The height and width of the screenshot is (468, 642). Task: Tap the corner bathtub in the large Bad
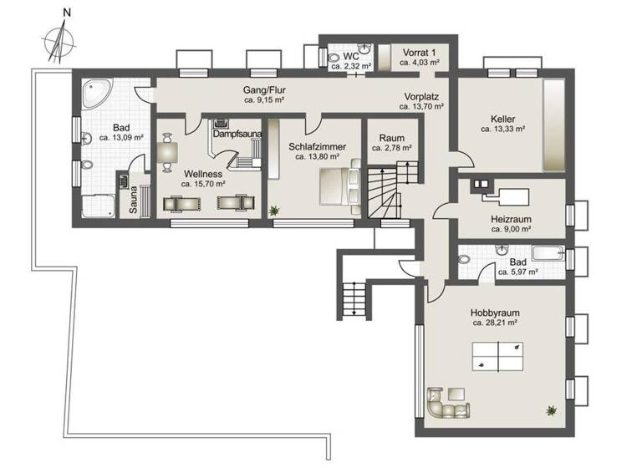pos(98,96)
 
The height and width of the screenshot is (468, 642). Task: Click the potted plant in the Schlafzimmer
pos(273,211)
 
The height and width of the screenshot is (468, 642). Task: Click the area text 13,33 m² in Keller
pos(502,130)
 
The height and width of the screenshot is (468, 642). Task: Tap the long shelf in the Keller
pos(553,125)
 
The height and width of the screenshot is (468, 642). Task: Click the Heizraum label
pos(511,223)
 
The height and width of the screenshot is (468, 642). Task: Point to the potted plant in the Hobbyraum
pos(551,409)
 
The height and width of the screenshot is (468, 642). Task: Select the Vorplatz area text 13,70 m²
pos(421,107)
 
